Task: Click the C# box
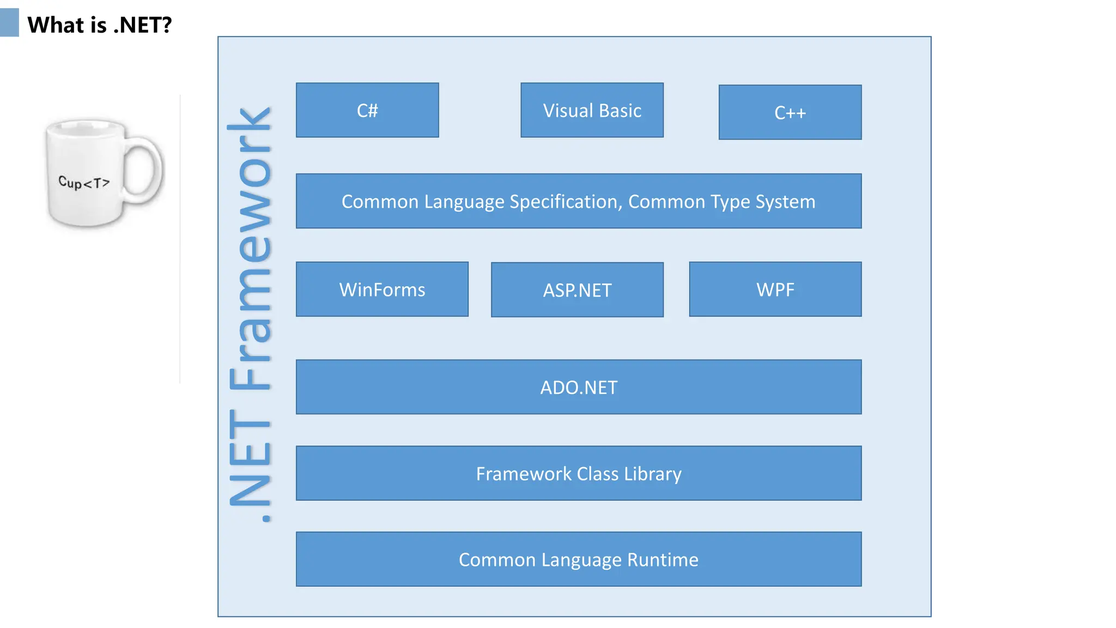(x=367, y=110)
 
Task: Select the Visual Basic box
(x=592, y=110)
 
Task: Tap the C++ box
(x=790, y=112)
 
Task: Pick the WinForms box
(x=382, y=289)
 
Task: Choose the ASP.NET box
(x=577, y=290)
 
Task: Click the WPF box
(x=775, y=289)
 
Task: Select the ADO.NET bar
(x=578, y=387)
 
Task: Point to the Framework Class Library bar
(x=578, y=473)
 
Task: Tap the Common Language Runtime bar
(x=578, y=559)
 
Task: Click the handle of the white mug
(x=146, y=169)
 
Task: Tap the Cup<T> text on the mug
(x=84, y=183)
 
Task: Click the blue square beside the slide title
(x=9, y=23)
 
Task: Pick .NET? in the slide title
(x=142, y=25)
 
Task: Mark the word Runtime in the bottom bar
(x=663, y=560)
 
